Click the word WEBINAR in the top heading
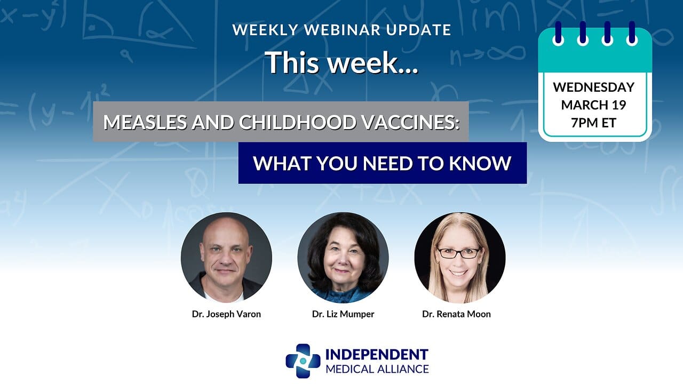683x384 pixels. (x=343, y=30)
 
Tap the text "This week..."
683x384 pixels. (x=341, y=63)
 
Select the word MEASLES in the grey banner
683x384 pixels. (x=145, y=122)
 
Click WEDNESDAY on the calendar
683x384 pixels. (x=594, y=87)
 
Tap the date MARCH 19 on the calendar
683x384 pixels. (x=594, y=105)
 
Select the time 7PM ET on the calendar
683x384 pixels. (x=594, y=123)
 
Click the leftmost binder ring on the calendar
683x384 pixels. (x=558, y=33)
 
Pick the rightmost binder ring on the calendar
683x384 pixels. (x=632, y=33)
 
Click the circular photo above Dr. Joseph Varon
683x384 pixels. (x=226, y=258)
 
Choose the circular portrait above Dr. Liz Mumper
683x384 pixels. (x=343, y=258)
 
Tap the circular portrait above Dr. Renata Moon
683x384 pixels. (x=460, y=258)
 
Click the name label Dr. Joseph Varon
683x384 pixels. (x=226, y=314)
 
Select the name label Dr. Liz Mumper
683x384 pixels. (x=343, y=314)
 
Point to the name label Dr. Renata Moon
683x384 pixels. (x=456, y=314)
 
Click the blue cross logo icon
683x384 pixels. (x=303, y=361)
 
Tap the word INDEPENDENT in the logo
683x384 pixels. (x=377, y=355)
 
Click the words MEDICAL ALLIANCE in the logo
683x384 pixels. (x=377, y=369)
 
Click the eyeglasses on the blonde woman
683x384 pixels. (x=458, y=253)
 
